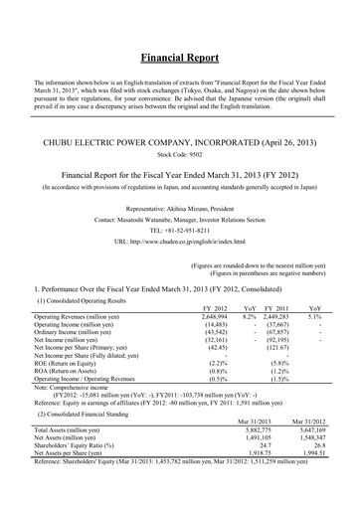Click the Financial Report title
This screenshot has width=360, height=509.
click(x=179, y=59)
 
